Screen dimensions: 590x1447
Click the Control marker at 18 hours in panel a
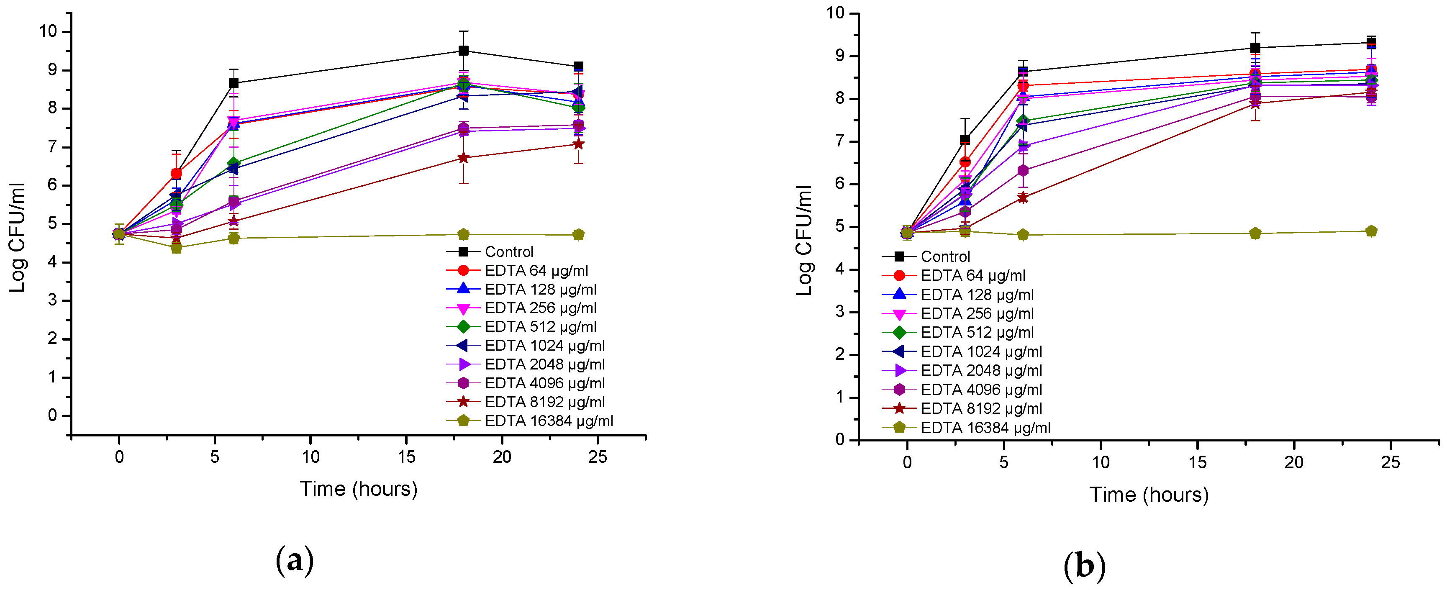click(x=463, y=51)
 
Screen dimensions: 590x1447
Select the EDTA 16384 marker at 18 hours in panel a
click(x=463, y=234)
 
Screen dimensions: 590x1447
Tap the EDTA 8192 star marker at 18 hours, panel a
click(x=463, y=158)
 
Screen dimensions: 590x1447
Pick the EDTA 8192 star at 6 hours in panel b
click(x=1023, y=197)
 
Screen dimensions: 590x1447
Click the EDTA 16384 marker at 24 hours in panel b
click(x=1371, y=231)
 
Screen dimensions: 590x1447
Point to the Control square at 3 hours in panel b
click(x=965, y=139)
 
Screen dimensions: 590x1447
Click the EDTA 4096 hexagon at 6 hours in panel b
click(x=1023, y=170)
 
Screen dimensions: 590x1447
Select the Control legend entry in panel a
click(x=508, y=252)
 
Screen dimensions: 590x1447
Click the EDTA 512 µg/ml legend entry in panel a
click(x=540, y=326)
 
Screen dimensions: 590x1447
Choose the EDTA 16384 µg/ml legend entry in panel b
click(x=985, y=428)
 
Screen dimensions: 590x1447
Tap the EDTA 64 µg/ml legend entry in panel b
click(x=972, y=275)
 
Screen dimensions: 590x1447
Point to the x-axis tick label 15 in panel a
click(x=406, y=457)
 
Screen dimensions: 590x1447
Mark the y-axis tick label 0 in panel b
click(x=840, y=439)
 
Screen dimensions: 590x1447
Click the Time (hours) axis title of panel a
click(x=358, y=489)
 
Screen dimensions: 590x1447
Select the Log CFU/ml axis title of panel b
click(x=804, y=241)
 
